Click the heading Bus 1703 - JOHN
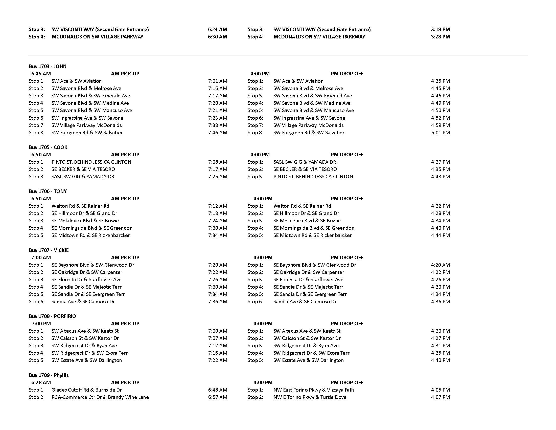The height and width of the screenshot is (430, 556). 48,66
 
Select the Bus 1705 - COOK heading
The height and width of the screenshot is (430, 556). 48,147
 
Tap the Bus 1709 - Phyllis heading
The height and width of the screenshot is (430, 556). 49,375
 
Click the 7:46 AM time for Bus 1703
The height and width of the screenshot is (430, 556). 217,133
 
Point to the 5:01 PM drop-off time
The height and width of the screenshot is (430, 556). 441,133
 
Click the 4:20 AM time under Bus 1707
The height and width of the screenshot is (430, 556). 441,265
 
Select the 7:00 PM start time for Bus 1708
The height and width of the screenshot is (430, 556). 41,324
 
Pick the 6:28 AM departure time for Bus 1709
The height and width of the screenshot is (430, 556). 41,382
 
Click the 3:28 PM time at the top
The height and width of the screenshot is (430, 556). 441,37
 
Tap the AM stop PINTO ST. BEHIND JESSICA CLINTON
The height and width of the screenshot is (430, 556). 91,162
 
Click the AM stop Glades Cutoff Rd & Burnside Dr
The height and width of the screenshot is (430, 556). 86,390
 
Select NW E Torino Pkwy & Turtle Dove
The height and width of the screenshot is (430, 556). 310,397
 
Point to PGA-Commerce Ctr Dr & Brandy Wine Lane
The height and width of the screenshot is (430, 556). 100,397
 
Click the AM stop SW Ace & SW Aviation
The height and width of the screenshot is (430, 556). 76,81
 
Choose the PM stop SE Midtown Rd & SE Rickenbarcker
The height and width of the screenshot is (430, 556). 312,235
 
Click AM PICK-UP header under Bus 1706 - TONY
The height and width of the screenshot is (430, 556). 125,199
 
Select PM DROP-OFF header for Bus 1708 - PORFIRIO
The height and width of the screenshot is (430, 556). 347,324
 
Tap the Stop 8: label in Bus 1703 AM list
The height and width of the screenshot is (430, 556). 37,133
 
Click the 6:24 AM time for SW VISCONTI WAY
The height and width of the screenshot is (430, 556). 217,29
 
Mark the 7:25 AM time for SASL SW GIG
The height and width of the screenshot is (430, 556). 217,177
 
